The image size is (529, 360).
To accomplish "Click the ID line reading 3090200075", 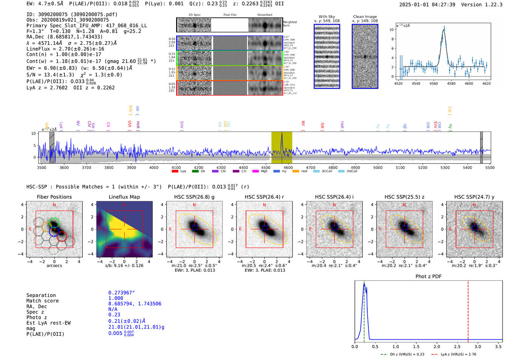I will [72, 14].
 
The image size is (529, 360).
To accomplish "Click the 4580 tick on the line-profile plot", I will [451, 83].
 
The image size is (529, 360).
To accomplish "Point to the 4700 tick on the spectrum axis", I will [311, 167].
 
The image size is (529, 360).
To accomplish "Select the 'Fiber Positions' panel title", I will [54, 197].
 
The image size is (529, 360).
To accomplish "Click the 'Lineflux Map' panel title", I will [124, 197].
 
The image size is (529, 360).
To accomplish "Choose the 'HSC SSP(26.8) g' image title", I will [194, 197].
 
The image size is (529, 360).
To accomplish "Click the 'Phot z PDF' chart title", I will [428, 277].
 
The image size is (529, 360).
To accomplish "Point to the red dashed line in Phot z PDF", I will [468, 310].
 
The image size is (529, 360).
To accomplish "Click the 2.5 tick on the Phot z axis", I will [458, 346].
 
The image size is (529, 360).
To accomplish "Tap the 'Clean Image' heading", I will [365, 17].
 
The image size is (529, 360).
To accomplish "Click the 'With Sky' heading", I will [327, 17].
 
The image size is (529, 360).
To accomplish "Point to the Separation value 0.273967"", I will [121, 293].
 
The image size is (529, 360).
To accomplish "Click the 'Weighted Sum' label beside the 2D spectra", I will [290, 23].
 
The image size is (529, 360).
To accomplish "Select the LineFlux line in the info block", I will [65, 49].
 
